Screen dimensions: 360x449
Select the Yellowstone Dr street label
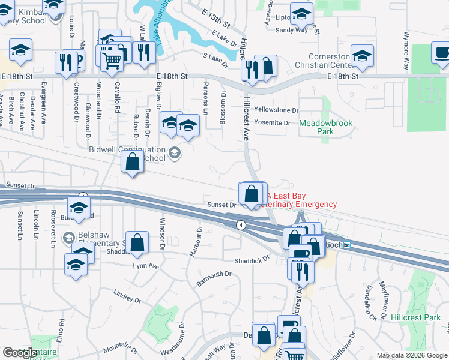coord(276,110)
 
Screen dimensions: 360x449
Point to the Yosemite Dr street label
coord(272,123)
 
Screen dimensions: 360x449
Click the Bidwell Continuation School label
coord(127,154)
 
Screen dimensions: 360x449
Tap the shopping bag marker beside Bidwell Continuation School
coord(132,161)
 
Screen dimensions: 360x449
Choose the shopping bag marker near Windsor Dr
coord(137,243)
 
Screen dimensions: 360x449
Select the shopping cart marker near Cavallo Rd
coord(112,60)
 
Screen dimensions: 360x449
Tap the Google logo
coord(20,353)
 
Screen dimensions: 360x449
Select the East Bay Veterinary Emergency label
coord(301,200)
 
